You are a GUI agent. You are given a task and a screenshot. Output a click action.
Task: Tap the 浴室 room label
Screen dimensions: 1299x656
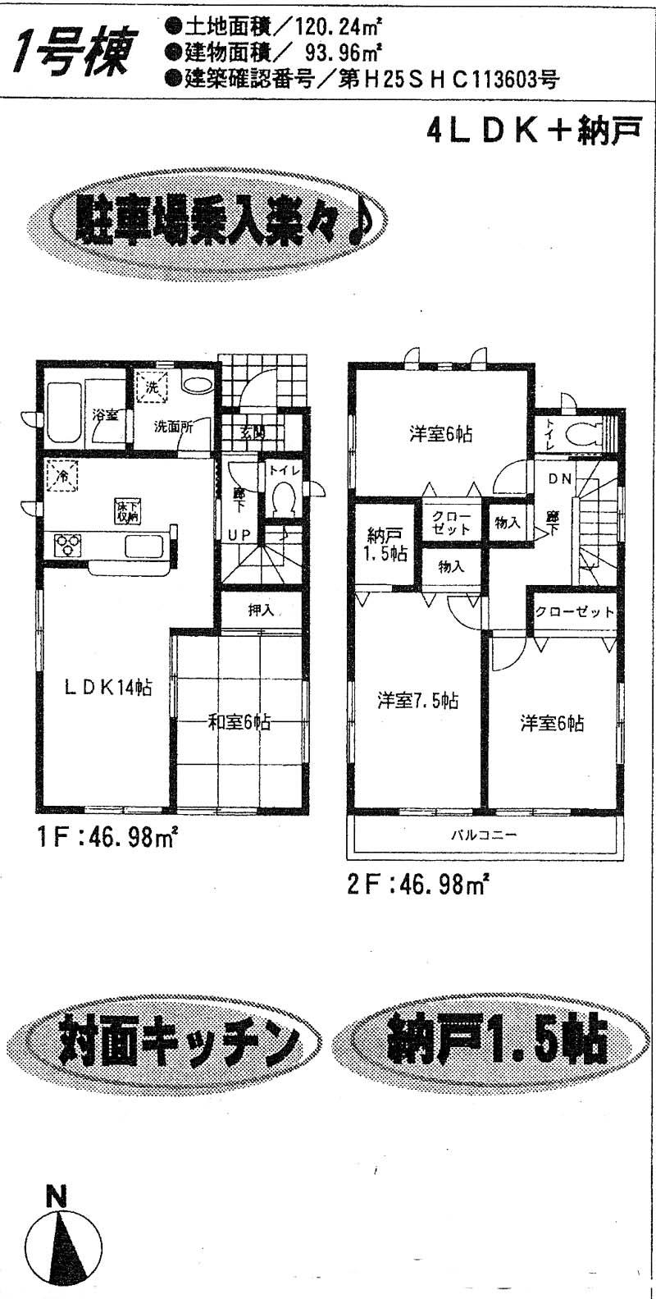(x=104, y=414)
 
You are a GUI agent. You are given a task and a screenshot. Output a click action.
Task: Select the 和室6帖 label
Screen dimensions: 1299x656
(x=239, y=722)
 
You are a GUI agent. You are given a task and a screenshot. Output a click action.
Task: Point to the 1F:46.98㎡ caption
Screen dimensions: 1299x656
(x=107, y=839)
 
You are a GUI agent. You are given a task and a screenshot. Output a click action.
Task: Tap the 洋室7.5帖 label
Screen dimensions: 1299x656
(x=417, y=701)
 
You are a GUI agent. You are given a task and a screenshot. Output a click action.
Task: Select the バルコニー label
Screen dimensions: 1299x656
(x=483, y=835)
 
